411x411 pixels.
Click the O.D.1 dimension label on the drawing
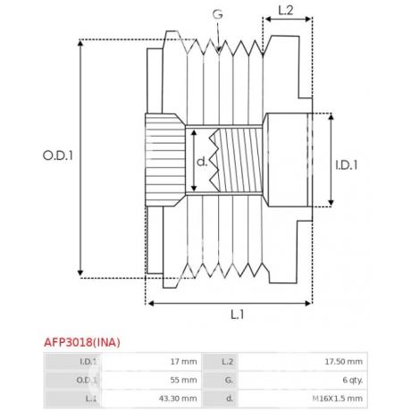[58, 155]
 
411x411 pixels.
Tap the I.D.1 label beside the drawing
[347, 165]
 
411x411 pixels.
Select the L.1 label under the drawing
[238, 315]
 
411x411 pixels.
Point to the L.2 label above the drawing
[286, 11]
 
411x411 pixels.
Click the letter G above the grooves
[218, 14]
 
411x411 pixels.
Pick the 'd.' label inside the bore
[202, 162]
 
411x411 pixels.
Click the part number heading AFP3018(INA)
[82, 342]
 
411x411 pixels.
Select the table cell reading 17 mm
[183, 362]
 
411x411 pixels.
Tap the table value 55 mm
[183, 380]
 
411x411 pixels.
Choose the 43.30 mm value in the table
[178, 398]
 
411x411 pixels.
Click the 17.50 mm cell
[344, 362]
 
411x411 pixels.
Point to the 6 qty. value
[353, 381]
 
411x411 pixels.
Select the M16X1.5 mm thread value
[338, 398]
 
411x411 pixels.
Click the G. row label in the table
[229, 380]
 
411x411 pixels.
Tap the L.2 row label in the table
[228, 362]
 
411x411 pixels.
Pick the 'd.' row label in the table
[230, 398]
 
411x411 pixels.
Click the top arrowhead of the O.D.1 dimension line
[80, 43]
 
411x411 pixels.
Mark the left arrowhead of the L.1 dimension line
[151, 304]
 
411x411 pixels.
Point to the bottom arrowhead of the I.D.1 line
[331, 203]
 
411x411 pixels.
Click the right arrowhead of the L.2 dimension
[308, 19]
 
